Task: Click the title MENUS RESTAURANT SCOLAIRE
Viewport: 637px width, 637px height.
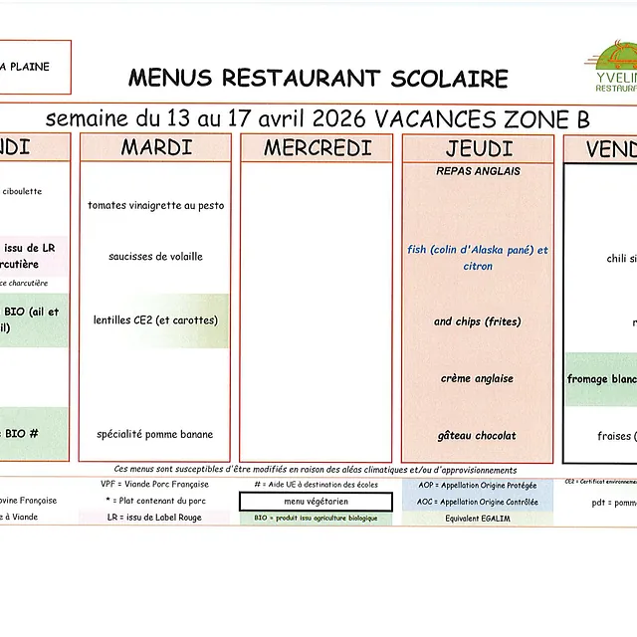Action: tap(318, 79)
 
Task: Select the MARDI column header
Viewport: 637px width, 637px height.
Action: tap(156, 148)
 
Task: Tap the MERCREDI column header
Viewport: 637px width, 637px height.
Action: tap(318, 148)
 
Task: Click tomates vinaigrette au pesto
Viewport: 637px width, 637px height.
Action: tap(156, 205)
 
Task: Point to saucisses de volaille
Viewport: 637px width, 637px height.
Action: tap(156, 257)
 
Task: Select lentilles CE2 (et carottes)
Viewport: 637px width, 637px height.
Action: tap(156, 320)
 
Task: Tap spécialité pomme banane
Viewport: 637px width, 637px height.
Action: tap(155, 434)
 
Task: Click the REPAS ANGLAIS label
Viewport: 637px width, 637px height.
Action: tap(478, 171)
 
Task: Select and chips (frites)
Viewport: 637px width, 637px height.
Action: tap(478, 321)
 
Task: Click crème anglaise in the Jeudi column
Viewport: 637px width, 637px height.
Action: tap(478, 378)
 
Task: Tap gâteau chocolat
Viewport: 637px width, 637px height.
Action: tap(478, 435)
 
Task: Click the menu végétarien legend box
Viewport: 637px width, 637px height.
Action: tap(316, 502)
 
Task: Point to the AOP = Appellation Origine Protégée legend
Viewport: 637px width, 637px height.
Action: tap(477, 485)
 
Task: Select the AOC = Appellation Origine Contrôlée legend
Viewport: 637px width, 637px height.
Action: tap(477, 502)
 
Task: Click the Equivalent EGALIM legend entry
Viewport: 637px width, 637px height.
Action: tap(477, 518)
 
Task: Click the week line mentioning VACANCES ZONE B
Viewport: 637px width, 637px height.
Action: tap(318, 119)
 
